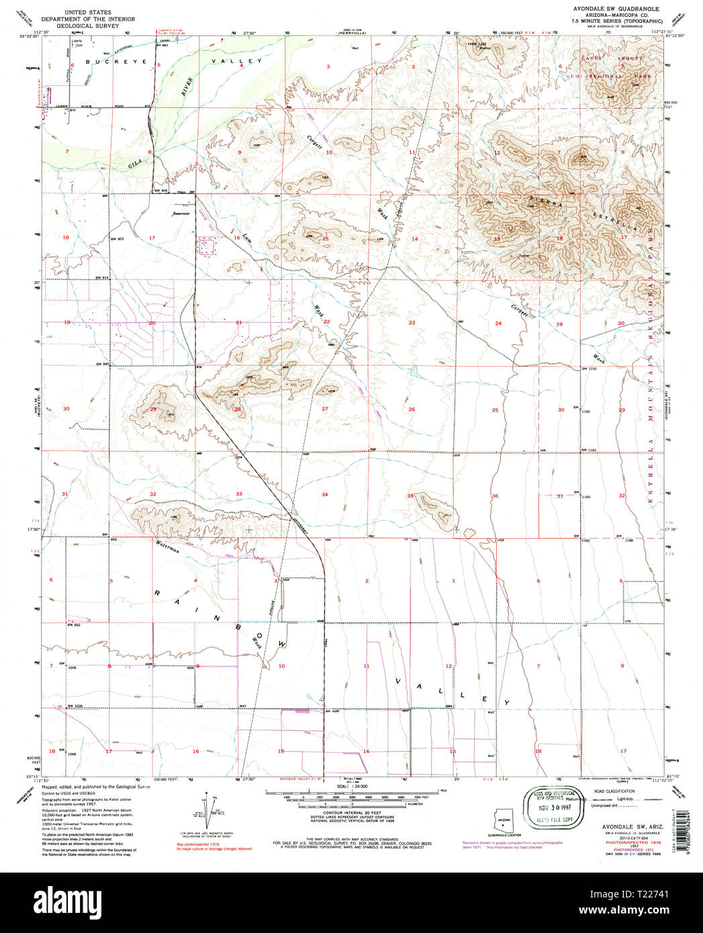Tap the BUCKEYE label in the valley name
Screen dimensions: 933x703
(x=111, y=61)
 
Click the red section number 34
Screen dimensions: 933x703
(x=324, y=495)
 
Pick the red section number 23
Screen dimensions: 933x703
(x=412, y=323)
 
